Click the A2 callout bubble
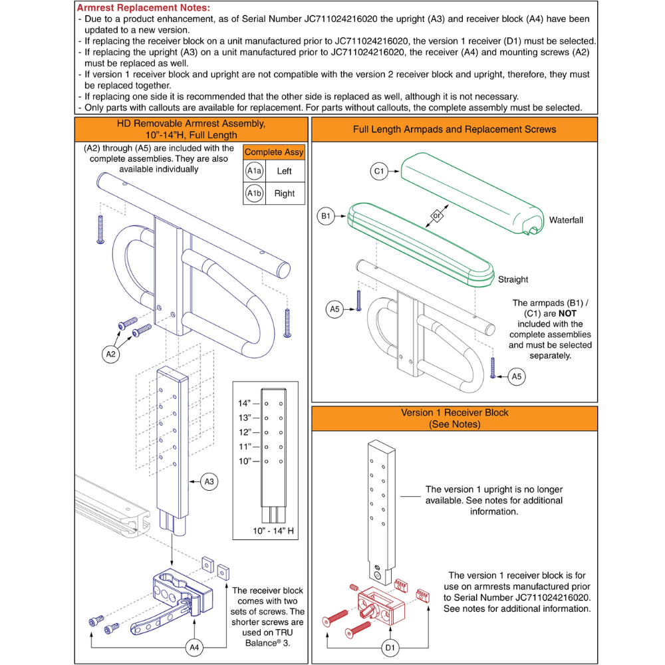111,354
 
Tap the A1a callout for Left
254,171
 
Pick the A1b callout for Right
254,194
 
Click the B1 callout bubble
325,217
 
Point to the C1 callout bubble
379,172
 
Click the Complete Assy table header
274,152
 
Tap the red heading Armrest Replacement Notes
144,8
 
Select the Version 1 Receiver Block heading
454,418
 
